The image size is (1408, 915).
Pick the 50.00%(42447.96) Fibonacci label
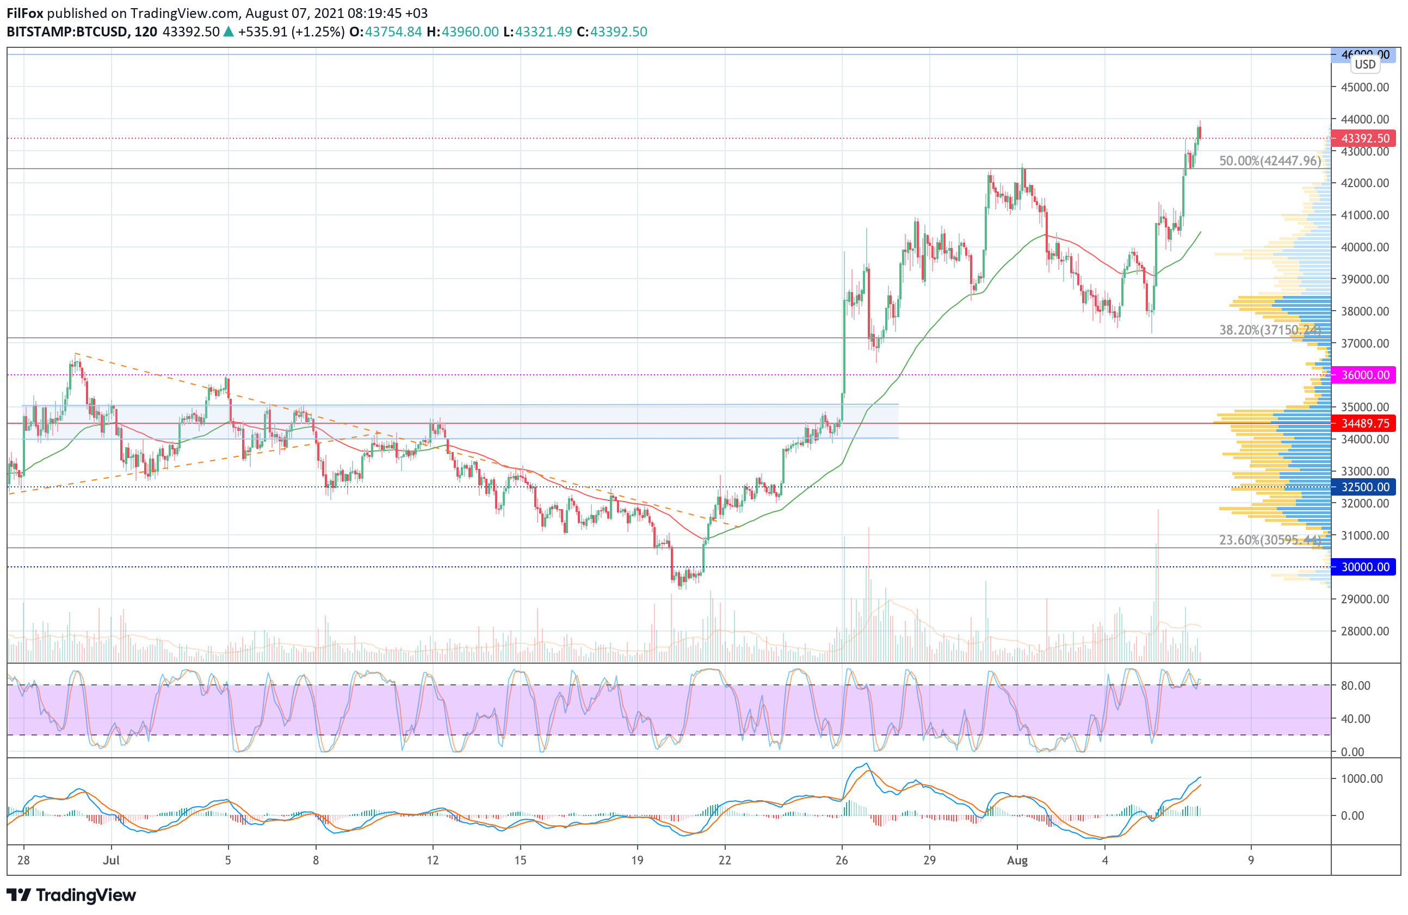tap(1270, 161)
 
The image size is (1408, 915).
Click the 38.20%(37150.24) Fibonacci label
tap(1270, 330)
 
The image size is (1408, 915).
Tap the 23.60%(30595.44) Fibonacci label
tap(1270, 540)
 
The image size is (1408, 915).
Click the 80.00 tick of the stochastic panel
tap(1355, 685)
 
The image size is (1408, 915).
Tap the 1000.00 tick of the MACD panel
tap(1361, 779)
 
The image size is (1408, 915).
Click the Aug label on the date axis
tap(1017, 861)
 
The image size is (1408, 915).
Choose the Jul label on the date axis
tap(111, 861)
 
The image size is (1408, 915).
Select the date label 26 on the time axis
tap(842, 861)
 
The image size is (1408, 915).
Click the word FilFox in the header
tap(26, 13)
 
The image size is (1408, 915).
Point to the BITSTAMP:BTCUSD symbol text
tap(67, 32)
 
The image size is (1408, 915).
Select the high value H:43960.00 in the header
tap(462, 32)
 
